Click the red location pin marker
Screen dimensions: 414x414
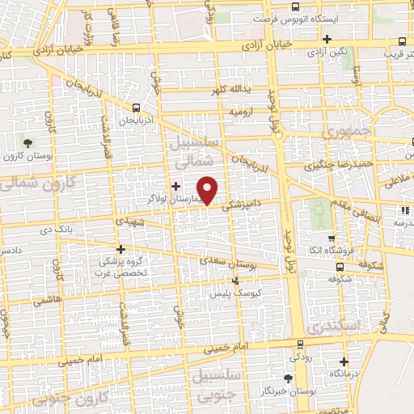[x=209, y=188]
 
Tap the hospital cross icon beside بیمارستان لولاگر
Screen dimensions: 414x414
[x=176, y=186]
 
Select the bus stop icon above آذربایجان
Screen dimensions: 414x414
[x=136, y=107]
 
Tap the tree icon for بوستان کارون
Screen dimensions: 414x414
[x=29, y=142]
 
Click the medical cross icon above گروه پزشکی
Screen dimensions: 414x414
[x=121, y=250]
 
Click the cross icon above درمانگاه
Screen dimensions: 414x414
[x=345, y=361]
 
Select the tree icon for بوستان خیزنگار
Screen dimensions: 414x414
[x=288, y=378]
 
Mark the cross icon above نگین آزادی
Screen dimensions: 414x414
[x=327, y=39]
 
